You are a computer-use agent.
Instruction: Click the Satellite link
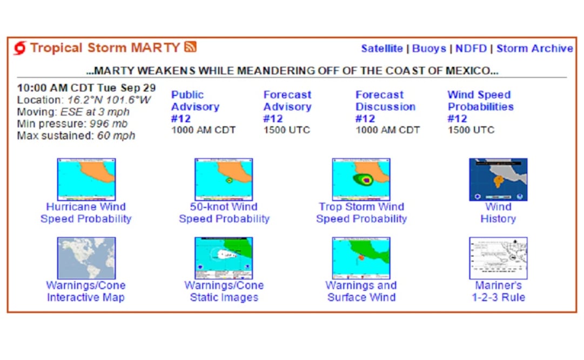(381, 49)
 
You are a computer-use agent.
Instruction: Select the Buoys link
(429, 49)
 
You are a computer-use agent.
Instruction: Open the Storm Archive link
(534, 49)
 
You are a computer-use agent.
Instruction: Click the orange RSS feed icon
(190, 47)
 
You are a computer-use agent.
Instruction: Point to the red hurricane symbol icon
(20, 48)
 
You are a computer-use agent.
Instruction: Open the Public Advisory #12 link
(195, 106)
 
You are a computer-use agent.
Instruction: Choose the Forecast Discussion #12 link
(385, 106)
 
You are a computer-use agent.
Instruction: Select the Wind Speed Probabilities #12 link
(480, 106)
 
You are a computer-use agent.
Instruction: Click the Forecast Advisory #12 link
(287, 106)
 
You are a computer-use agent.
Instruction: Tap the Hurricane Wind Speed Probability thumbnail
(86, 179)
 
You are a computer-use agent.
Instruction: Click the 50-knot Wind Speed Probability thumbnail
(224, 179)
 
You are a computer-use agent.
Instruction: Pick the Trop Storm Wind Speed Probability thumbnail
(361, 179)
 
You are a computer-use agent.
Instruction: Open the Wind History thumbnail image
(498, 179)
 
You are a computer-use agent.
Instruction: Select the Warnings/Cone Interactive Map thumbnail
(86, 258)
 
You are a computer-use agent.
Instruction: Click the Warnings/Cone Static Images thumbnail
(224, 258)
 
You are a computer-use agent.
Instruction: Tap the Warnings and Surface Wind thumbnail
(361, 258)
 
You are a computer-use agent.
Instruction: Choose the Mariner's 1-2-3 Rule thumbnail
(498, 258)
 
